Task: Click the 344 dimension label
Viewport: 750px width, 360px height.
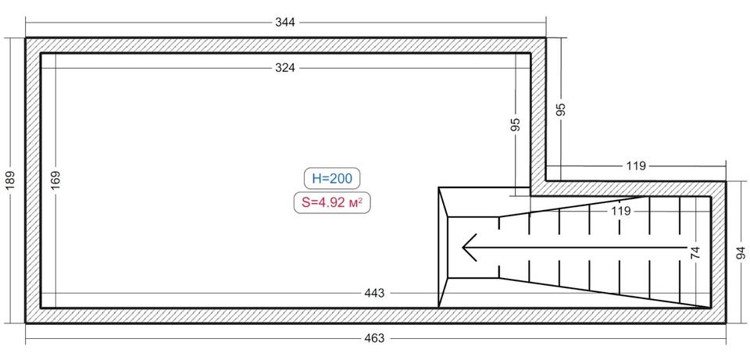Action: coord(285,23)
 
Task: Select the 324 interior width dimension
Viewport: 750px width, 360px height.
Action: coord(285,68)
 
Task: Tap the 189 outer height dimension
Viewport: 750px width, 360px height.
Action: coord(12,180)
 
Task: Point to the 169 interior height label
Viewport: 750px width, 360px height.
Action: coord(56,180)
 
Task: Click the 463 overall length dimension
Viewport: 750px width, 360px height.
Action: coord(374,338)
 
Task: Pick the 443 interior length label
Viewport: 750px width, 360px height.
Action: coord(374,293)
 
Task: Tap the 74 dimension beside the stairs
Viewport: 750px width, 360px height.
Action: coord(695,252)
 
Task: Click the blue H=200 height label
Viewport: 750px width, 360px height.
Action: coord(332,179)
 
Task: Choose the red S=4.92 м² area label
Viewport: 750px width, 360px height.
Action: coord(332,203)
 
